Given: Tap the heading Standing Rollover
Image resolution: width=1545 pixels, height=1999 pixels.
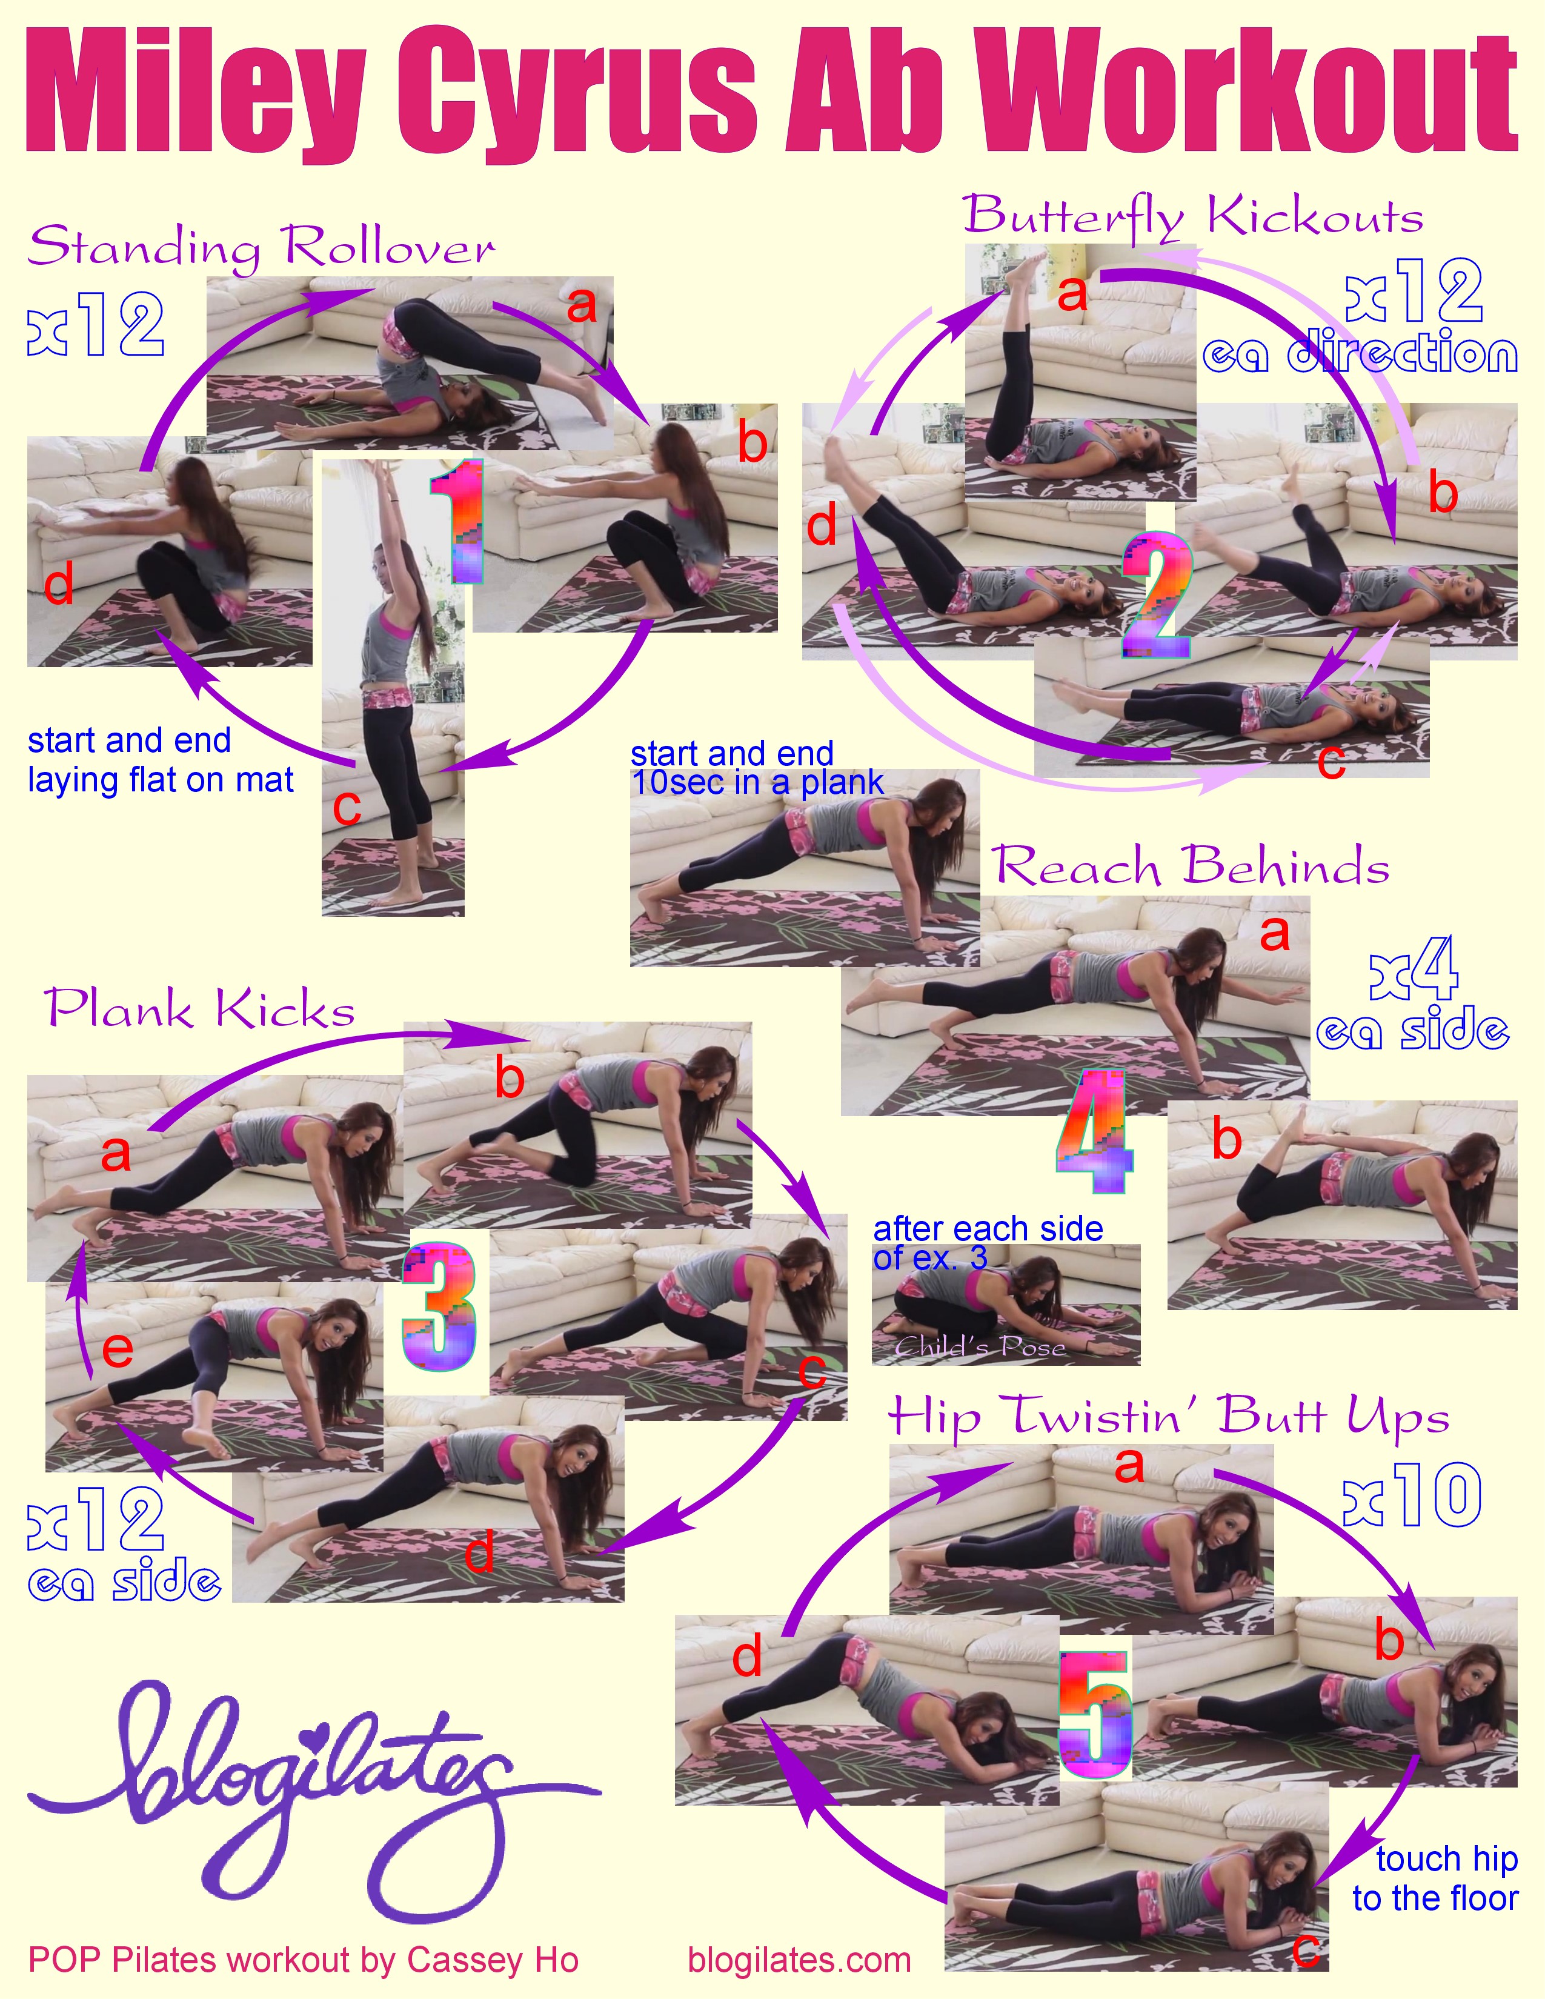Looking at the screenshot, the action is pyautogui.click(x=262, y=247).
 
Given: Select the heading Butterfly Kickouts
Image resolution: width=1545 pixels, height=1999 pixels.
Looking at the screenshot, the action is pyautogui.click(x=1192, y=217).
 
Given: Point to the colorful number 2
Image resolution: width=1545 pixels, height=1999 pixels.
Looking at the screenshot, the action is pyautogui.click(x=1157, y=595).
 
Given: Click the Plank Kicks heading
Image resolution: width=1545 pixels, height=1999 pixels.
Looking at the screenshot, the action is pyautogui.click(x=199, y=1011).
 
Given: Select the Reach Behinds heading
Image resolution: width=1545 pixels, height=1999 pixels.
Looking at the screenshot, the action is pyautogui.click(x=1190, y=866).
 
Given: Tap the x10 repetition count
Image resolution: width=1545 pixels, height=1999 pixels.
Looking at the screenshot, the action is pyautogui.click(x=1412, y=1495).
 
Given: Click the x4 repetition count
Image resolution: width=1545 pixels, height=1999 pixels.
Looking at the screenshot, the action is pyautogui.click(x=1415, y=968).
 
